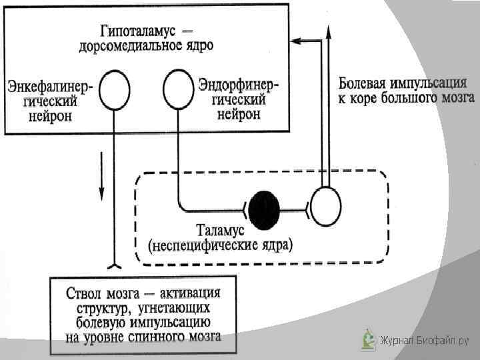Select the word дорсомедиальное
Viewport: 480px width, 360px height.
[133, 46]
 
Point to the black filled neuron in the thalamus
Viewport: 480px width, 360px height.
[265, 207]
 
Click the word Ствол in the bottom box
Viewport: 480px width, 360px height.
[85, 294]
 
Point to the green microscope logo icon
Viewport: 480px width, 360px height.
[368, 339]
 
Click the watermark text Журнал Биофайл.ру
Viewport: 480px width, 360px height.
[424, 341]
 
